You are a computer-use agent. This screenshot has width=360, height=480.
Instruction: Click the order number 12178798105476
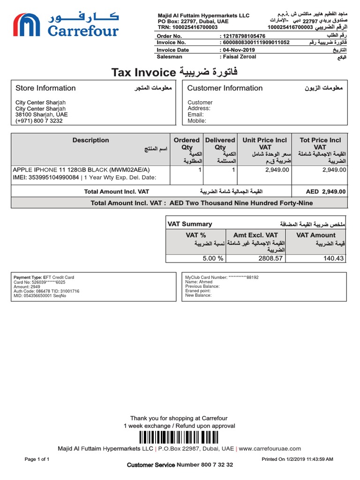click(x=244, y=36)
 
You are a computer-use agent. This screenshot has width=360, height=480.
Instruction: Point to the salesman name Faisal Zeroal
click(x=240, y=57)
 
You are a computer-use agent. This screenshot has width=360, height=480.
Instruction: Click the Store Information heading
click(x=45, y=88)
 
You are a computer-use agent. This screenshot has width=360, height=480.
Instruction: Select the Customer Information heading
click(x=225, y=88)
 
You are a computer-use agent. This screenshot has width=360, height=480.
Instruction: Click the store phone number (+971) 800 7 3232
click(x=39, y=120)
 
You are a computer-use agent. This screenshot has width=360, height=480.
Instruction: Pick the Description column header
click(x=90, y=140)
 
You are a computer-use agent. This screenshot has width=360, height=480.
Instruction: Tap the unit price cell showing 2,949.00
click(x=277, y=170)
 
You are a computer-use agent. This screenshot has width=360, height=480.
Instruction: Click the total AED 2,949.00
click(x=326, y=191)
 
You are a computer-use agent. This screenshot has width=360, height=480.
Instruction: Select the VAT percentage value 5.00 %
click(x=213, y=258)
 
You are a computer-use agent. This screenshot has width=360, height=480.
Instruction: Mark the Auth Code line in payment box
click(x=46, y=291)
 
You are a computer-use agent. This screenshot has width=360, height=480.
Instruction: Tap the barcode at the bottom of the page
click(x=180, y=438)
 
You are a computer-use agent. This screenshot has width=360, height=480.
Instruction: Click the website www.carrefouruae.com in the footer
click(x=270, y=449)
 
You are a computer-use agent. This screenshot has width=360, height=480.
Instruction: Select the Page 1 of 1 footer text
click(x=37, y=459)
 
